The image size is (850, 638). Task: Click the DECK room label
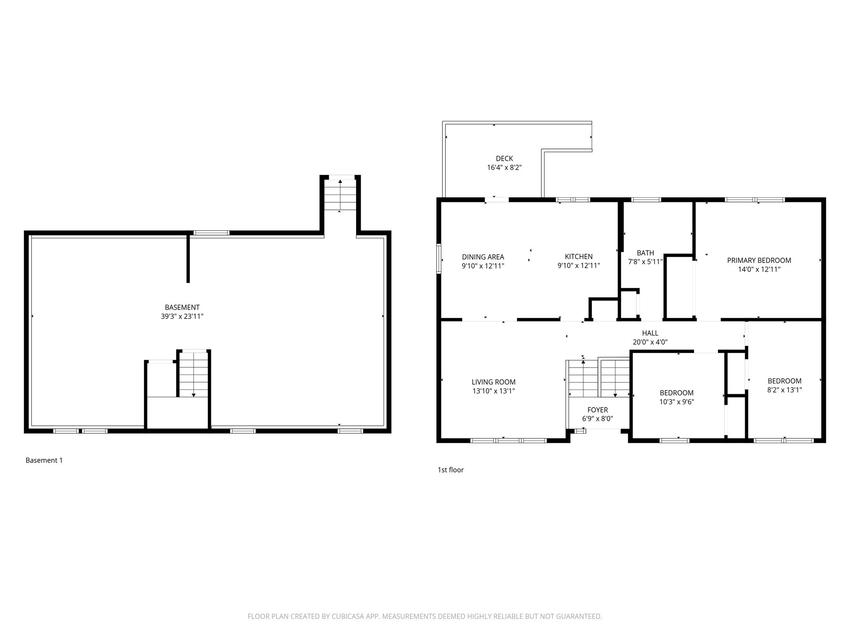pyautogui.click(x=504, y=159)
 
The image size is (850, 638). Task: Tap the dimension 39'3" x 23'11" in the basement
pyautogui.click(x=182, y=317)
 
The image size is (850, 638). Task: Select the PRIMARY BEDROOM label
pyautogui.click(x=759, y=260)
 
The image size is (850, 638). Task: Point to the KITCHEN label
pyautogui.click(x=579, y=257)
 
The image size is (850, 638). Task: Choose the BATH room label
pyautogui.click(x=645, y=253)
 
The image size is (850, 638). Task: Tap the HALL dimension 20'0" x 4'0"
pyautogui.click(x=650, y=342)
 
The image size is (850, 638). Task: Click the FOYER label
pyautogui.click(x=597, y=410)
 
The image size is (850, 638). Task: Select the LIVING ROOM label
pyautogui.click(x=493, y=382)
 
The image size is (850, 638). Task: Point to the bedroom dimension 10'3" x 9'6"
pyautogui.click(x=677, y=402)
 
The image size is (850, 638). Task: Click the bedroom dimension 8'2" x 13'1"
pyautogui.click(x=784, y=390)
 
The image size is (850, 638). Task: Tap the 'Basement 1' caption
pyautogui.click(x=44, y=460)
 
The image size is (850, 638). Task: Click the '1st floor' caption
pyautogui.click(x=450, y=470)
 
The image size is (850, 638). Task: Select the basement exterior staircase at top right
pyautogui.click(x=340, y=195)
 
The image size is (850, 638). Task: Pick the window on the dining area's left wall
pyautogui.click(x=439, y=259)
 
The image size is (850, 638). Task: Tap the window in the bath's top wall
pyautogui.click(x=646, y=200)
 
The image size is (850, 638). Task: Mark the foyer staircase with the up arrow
pyautogui.click(x=583, y=378)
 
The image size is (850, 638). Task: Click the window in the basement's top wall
pyautogui.click(x=212, y=233)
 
